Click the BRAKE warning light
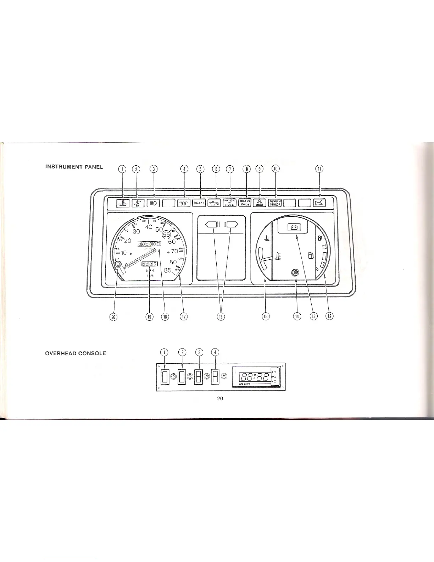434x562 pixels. [x=199, y=203]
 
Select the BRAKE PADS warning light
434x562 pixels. [x=245, y=203]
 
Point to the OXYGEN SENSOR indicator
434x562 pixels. [x=275, y=203]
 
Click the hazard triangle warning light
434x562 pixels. [x=260, y=203]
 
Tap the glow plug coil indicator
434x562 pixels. [x=184, y=203]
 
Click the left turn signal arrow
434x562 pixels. [x=213, y=224]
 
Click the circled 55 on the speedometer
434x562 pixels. [x=167, y=235]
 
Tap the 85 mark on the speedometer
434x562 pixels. [x=168, y=270]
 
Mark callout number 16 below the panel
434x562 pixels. [x=221, y=316]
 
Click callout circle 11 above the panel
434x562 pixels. [x=319, y=169]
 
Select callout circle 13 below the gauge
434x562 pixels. [x=313, y=316]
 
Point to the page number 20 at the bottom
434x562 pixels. [x=220, y=399]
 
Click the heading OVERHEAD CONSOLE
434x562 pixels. [x=76, y=353]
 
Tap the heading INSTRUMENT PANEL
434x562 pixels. [x=74, y=167]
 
